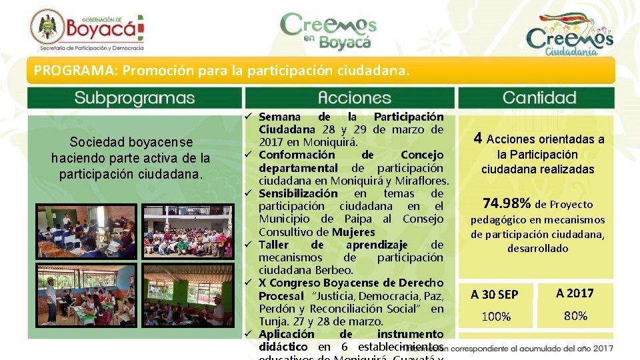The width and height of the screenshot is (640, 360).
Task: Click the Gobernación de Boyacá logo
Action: [87, 30]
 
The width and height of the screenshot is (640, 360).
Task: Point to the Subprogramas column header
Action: [134, 98]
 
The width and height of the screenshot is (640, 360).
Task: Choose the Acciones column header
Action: [354, 98]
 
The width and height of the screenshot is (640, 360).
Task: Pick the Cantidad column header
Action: [539, 98]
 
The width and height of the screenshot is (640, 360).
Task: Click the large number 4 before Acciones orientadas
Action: [478, 138]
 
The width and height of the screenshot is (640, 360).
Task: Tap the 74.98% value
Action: [507, 203]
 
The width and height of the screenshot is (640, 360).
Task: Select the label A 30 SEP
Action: [494, 294]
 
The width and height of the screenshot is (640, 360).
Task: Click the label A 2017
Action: [575, 293]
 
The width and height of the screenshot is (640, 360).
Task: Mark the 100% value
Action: [496, 317]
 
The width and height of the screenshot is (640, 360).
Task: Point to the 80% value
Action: [575, 316]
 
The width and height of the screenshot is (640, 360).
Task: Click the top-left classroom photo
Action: [87, 231]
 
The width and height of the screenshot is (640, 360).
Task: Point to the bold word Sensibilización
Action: [298, 193]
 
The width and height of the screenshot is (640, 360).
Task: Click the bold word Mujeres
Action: [353, 232]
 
